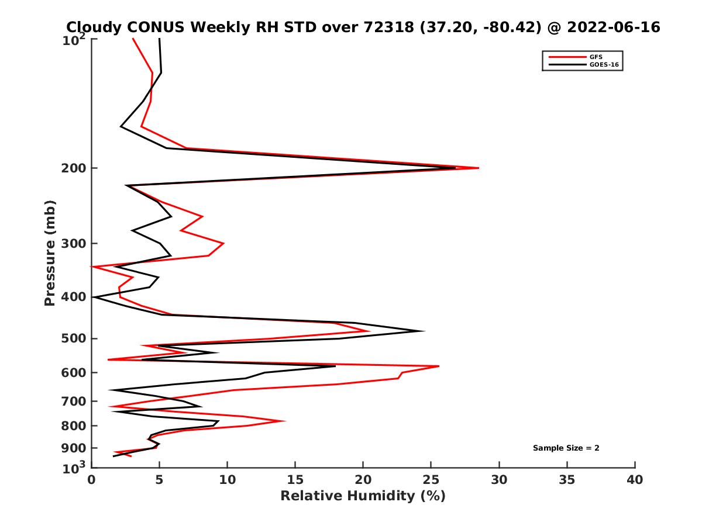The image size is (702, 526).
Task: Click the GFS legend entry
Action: coord(596,57)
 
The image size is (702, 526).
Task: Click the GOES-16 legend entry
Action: coord(604,65)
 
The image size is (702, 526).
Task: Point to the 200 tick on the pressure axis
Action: coord(75,168)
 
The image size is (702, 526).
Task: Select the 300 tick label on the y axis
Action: coord(75,243)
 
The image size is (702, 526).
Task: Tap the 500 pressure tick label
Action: coord(75,338)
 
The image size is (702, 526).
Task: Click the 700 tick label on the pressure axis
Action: coord(75,401)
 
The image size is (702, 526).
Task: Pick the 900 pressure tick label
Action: coord(75,448)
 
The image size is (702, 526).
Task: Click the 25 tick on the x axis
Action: coord(431,479)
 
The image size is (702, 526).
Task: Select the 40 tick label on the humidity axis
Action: coord(635,479)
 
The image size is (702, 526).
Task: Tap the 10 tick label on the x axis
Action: coord(227,479)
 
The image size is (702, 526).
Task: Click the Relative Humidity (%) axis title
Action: coord(363,496)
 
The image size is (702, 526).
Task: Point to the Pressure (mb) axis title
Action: coord(50,252)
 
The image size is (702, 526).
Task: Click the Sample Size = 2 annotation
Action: coord(566,448)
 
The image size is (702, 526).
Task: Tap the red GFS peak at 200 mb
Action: coord(479,168)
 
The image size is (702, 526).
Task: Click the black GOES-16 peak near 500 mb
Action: coord(424,331)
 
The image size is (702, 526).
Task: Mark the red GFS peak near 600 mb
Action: coord(439,366)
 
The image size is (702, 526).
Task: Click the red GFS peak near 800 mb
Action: coord(285,420)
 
